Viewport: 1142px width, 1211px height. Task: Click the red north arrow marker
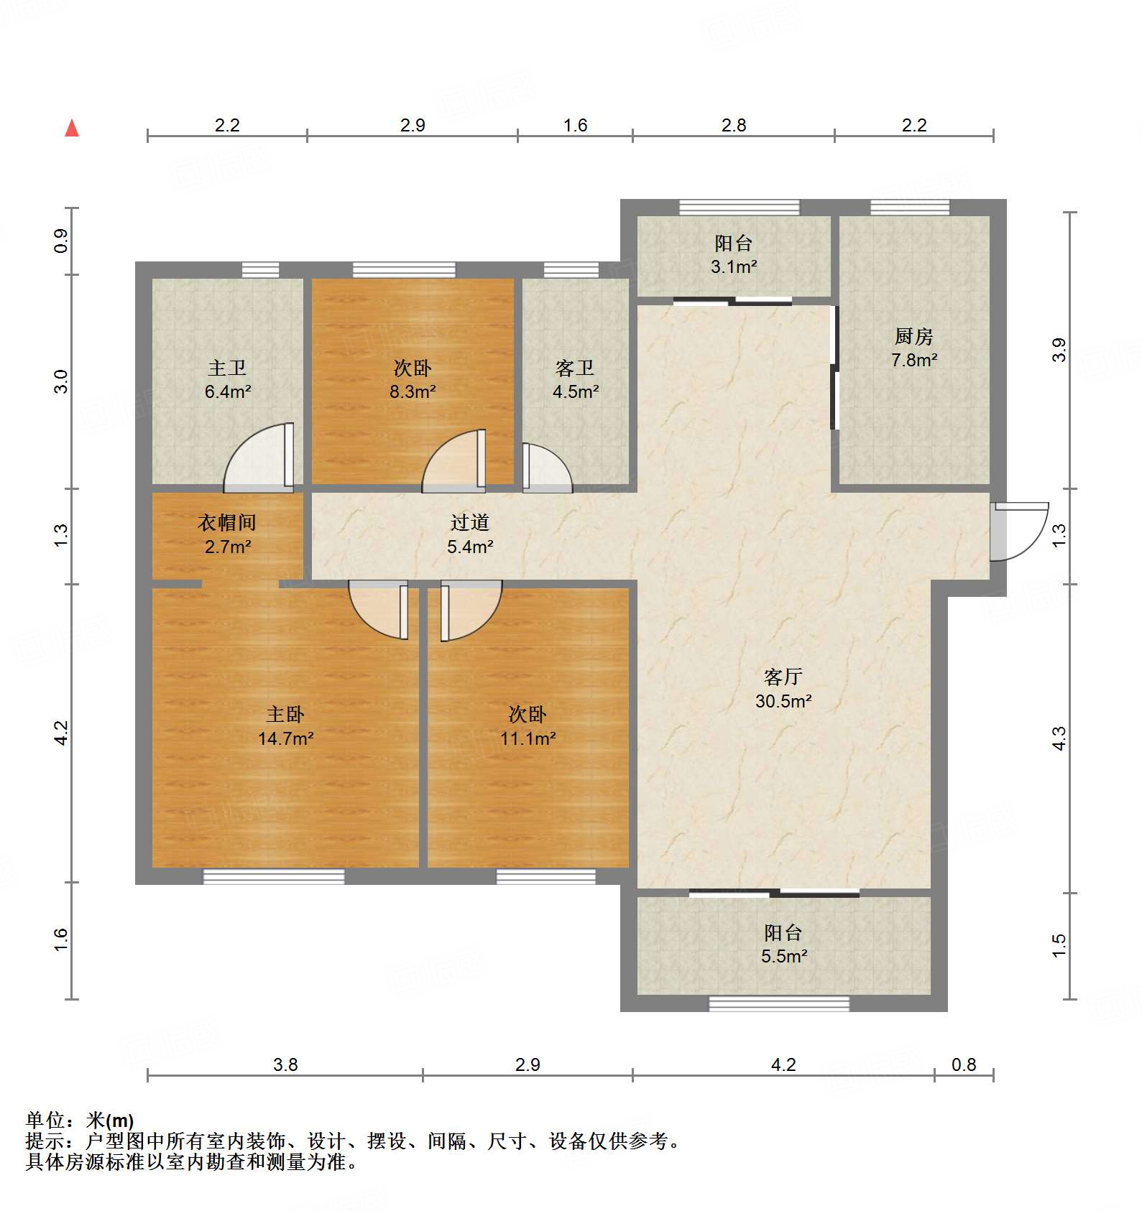click(72, 129)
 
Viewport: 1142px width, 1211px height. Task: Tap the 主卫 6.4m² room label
click(227, 380)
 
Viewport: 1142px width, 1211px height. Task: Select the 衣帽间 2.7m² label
click(227, 534)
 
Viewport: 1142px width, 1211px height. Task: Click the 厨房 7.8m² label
click(913, 348)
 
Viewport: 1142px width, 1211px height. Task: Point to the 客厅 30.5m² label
click(783, 689)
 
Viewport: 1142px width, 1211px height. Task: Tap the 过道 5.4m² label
click(470, 534)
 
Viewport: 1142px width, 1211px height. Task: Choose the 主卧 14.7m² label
click(285, 726)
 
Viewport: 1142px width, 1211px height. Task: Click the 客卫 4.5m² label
click(575, 380)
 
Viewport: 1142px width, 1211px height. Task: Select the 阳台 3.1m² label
click(733, 255)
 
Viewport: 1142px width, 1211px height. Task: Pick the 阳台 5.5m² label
click(783, 945)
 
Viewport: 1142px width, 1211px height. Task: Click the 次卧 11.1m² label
click(528, 726)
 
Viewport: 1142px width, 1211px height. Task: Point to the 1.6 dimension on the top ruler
click(575, 126)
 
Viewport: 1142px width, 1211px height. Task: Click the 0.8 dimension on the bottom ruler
click(963, 1064)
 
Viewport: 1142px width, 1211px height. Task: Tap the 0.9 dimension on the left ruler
click(61, 241)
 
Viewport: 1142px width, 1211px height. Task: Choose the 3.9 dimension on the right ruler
click(1059, 350)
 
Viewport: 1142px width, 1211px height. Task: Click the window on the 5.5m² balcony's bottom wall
click(779, 1003)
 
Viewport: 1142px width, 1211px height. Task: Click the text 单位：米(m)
click(80, 1120)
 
